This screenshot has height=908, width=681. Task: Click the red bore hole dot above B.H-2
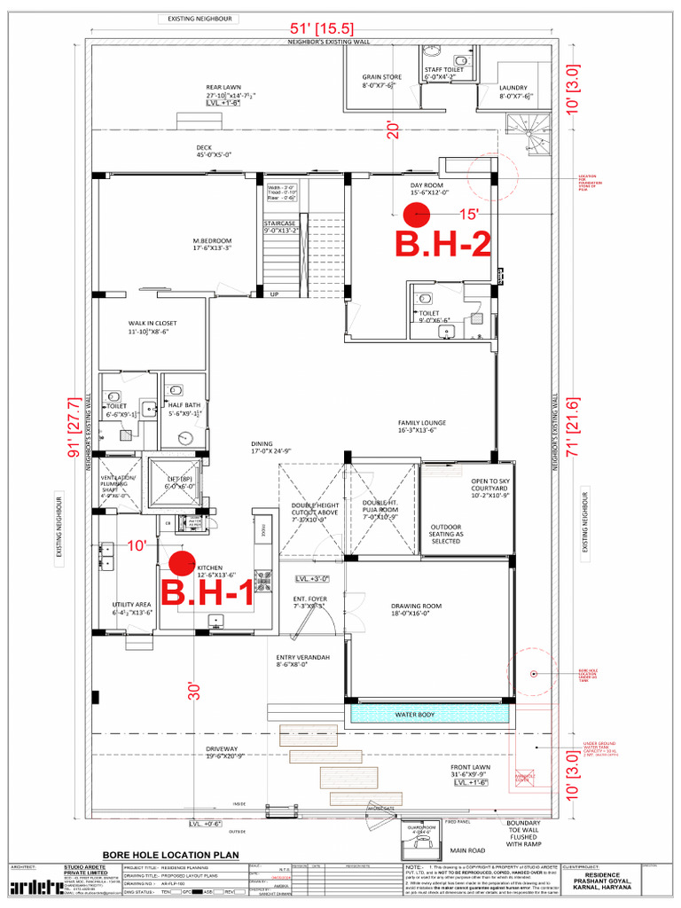coord(416,215)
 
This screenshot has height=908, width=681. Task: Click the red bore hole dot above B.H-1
coord(183,561)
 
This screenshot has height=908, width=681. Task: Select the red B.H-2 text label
coord(442,245)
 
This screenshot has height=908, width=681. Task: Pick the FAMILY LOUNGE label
coord(421,423)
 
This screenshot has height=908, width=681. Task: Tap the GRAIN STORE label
coord(381,78)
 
